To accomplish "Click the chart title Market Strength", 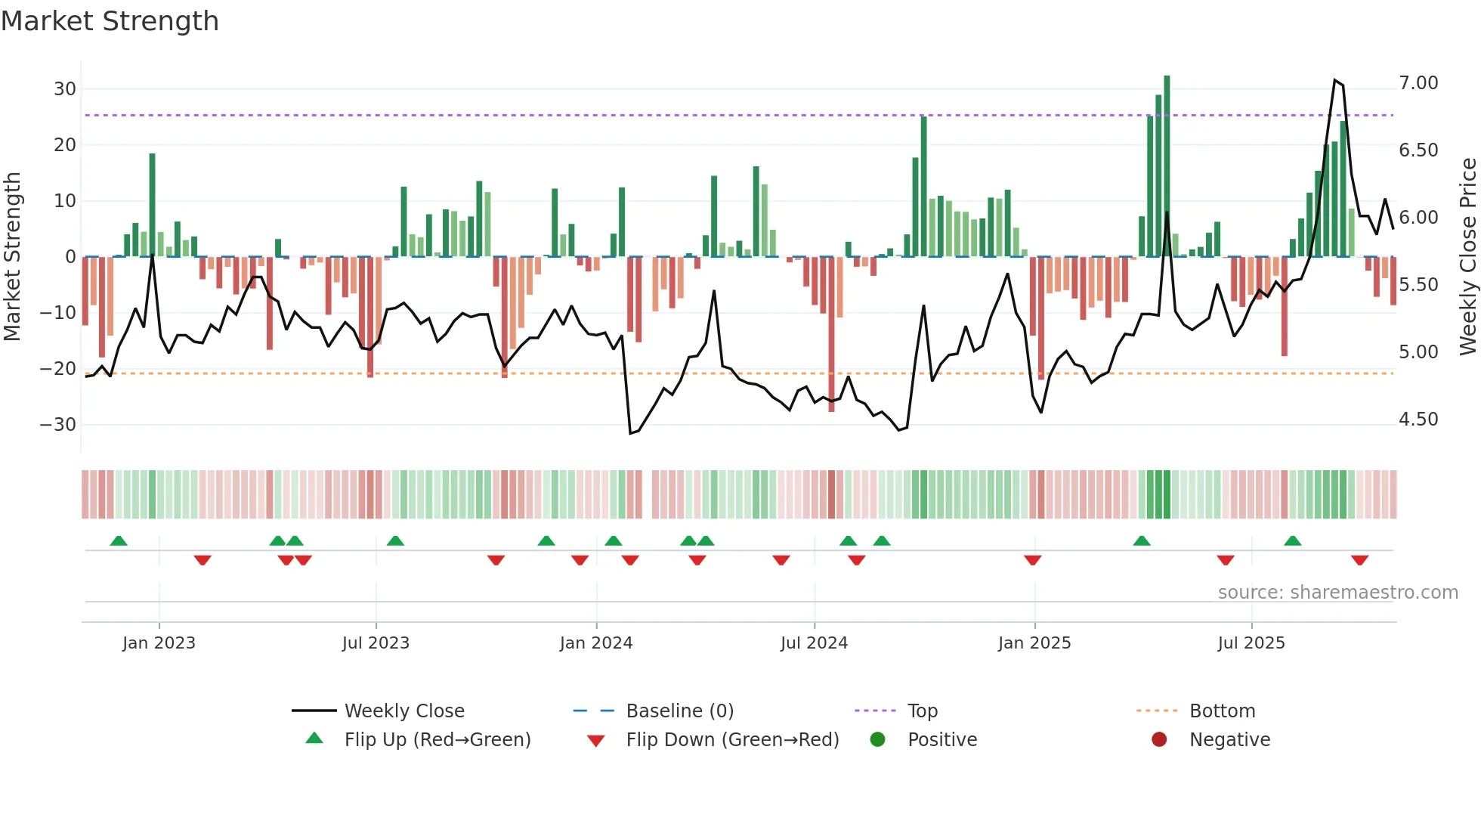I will pyautogui.click(x=110, y=21).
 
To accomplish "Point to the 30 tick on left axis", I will pyautogui.click(x=65, y=89).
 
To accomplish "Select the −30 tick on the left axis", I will pyautogui.click(x=59, y=425).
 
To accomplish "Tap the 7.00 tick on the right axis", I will pyautogui.click(x=1418, y=83).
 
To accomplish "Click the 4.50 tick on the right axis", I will pyautogui.click(x=1418, y=420).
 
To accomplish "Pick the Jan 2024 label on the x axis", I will pyautogui.click(x=595, y=643).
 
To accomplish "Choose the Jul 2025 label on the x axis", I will pyautogui.click(x=1251, y=643).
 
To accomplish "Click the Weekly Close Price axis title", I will pyautogui.click(x=1467, y=257).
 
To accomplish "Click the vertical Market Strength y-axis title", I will pyautogui.click(x=12, y=257).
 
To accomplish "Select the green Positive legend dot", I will pyautogui.click(x=877, y=740).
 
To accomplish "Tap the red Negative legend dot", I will pyautogui.click(x=1159, y=740).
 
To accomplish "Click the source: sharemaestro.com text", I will pyautogui.click(x=1337, y=593).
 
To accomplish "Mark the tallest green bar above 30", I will pyautogui.click(x=1167, y=166).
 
